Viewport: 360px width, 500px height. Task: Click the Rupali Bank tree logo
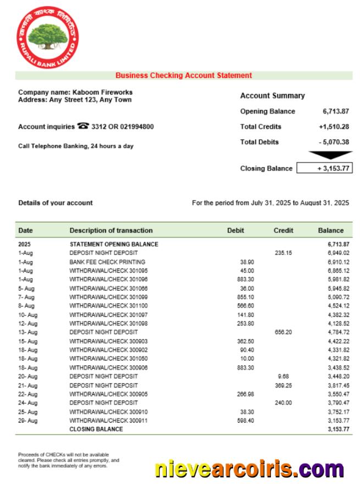(48, 37)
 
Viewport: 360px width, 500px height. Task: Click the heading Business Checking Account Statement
(184, 76)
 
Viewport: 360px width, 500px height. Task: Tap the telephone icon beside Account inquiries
(84, 126)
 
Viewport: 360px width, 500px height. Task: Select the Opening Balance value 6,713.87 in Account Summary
(336, 112)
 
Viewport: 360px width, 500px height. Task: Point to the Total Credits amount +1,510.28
(334, 127)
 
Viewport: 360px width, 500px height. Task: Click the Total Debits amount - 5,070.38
(334, 142)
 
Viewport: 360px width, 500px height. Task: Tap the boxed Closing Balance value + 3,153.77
(325, 169)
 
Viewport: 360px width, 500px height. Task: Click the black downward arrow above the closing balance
(330, 155)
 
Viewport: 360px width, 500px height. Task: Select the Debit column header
(235, 231)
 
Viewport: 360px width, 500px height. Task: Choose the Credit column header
(283, 231)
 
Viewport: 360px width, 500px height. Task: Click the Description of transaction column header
(111, 231)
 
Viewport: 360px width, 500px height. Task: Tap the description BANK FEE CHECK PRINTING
(107, 262)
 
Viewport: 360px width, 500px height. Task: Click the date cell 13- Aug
(27, 332)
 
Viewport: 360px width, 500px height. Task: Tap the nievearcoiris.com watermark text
(249, 469)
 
